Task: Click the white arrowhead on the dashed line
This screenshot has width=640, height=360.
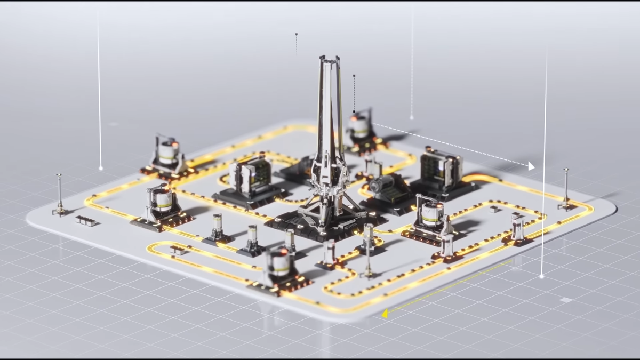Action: pos(531,166)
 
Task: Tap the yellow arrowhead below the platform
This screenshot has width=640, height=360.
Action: pos(385,314)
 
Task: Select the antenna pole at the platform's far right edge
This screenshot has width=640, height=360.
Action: pos(565,188)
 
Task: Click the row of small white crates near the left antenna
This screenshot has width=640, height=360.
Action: pos(86,220)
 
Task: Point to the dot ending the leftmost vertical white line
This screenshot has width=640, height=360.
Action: pos(101,169)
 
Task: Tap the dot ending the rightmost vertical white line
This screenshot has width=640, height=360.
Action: pos(541,276)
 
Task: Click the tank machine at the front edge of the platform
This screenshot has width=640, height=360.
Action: pos(279,269)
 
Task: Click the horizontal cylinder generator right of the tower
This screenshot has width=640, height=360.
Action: pos(383,187)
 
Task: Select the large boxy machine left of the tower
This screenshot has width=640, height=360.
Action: pos(250,179)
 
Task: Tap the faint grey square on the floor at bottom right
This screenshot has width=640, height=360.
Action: pos(565,300)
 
